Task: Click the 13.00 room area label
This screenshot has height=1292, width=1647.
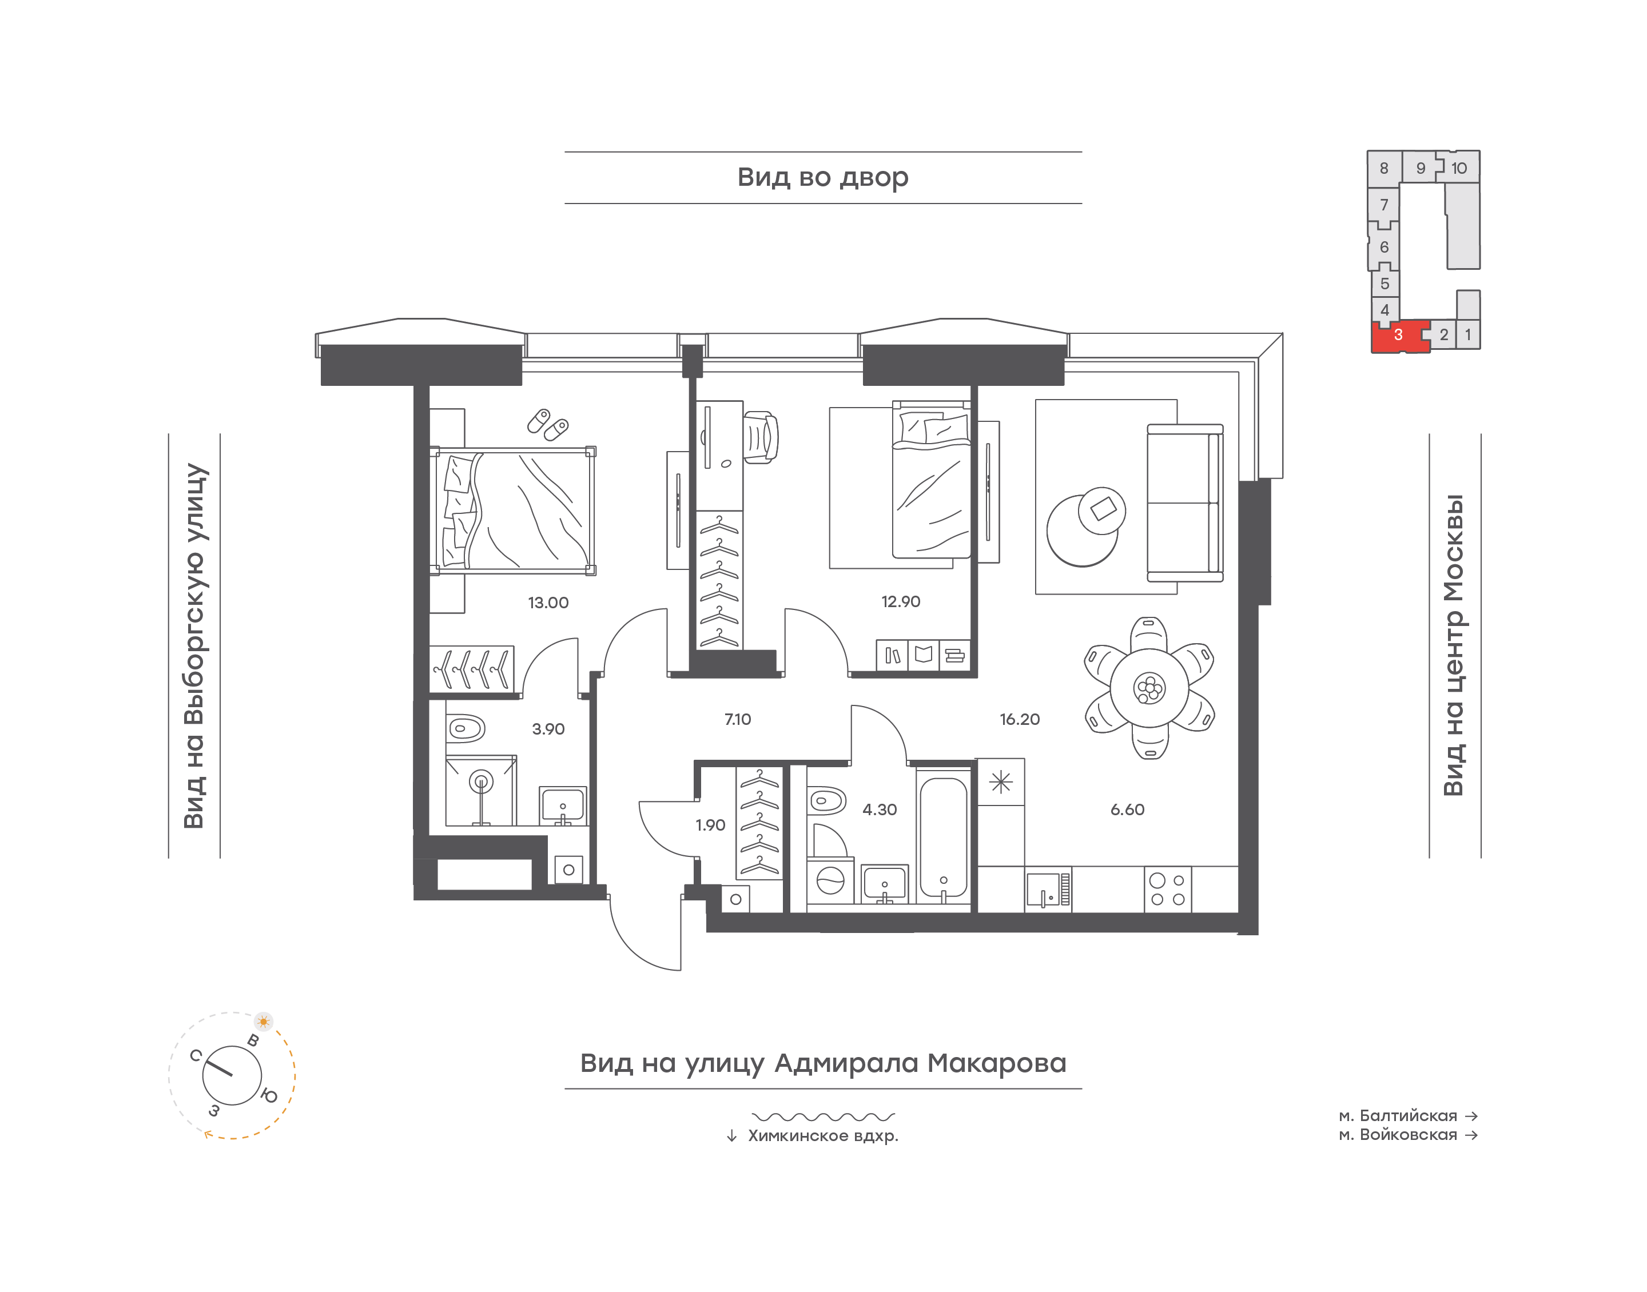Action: [548, 603]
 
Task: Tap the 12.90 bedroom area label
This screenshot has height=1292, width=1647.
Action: [900, 601]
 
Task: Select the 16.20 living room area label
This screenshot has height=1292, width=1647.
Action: [1019, 719]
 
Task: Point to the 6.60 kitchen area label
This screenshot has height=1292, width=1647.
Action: [1127, 810]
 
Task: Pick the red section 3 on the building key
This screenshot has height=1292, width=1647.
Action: [1399, 337]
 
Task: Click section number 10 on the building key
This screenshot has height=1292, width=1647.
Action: [1459, 168]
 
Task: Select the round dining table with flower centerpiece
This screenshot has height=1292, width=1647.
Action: [1149, 688]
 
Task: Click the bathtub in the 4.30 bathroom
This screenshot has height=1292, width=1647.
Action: [944, 836]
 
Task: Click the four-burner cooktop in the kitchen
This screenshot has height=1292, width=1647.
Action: [1167, 890]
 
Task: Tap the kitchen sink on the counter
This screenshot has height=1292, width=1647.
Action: [1048, 890]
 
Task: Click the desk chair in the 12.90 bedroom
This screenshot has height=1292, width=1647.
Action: [761, 436]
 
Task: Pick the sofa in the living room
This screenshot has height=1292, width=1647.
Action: [1185, 503]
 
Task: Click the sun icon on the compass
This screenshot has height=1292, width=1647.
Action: [263, 1021]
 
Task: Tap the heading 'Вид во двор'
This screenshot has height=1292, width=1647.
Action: [822, 177]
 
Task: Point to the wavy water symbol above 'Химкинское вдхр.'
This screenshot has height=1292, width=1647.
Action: [823, 1116]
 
